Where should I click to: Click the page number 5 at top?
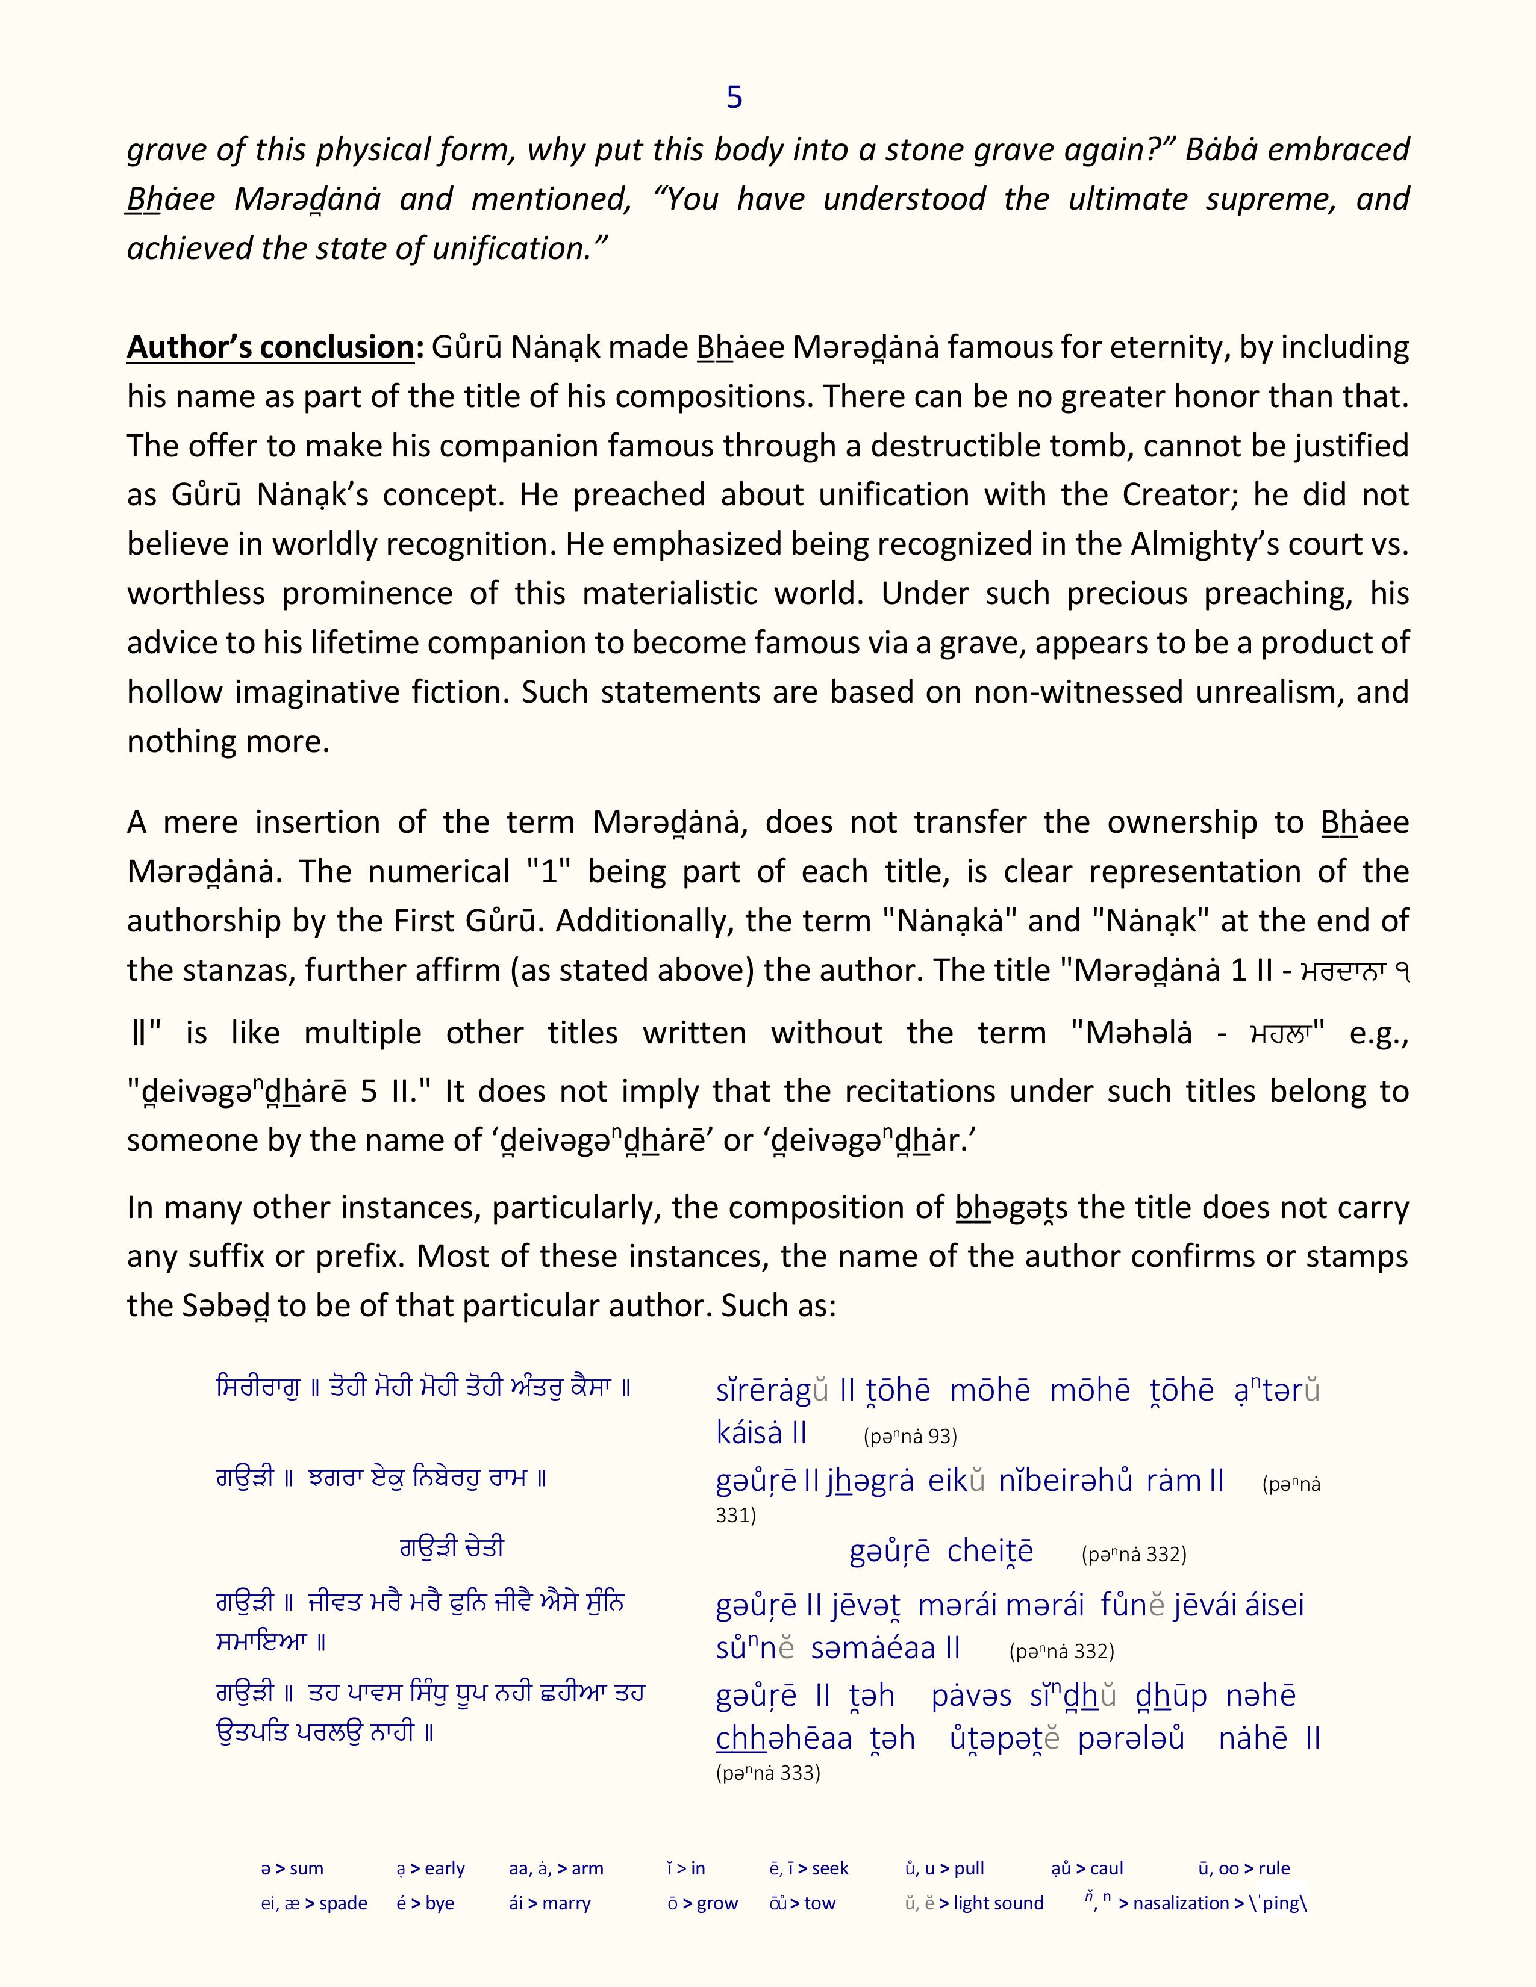(734, 98)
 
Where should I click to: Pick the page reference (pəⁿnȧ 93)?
(910, 1437)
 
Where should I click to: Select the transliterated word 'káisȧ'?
(749, 1433)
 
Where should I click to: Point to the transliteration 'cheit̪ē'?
(990, 1551)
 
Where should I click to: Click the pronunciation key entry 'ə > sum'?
(292, 1869)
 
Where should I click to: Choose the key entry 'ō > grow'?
(702, 1903)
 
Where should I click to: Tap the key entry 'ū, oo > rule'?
(1244, 1869)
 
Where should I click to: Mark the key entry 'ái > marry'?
(549, 1903)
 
